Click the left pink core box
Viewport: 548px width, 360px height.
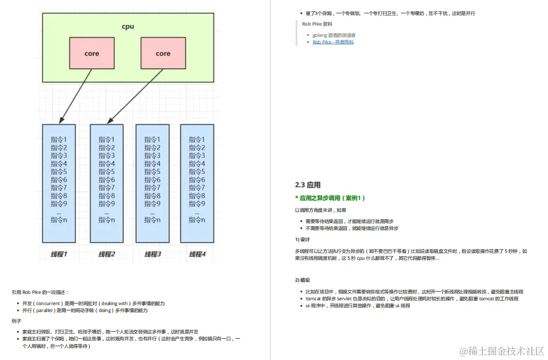click(x=91, y=53)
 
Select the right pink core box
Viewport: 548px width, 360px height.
click(x=163, y=53)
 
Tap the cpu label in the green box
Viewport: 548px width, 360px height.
click(x=128, y=26)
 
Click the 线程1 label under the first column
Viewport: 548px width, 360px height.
click(x=59, y=254)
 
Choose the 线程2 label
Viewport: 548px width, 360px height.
click(x=107, y=254)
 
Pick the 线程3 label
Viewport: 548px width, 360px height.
click(x=153, y=254)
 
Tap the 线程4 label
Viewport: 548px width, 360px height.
click(x=197, y=254)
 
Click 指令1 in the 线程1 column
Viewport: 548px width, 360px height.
click(x=59, y=140)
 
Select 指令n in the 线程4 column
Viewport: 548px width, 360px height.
click(x=197, y=220)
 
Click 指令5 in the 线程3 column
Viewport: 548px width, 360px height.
click(x=153, y=172)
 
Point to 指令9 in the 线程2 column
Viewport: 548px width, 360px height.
click(x=107, y=204)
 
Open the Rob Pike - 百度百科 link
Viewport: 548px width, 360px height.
click(x=333, y=42)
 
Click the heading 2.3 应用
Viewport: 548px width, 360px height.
click(x=308, y=185)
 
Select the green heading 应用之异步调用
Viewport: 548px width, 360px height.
click(x=330, y=198)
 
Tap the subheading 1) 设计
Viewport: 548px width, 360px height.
click(x=303, y=239)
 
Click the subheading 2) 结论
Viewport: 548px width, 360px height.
click(x=303, y=280)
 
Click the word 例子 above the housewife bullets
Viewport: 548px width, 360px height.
click(x=17, y=321)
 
